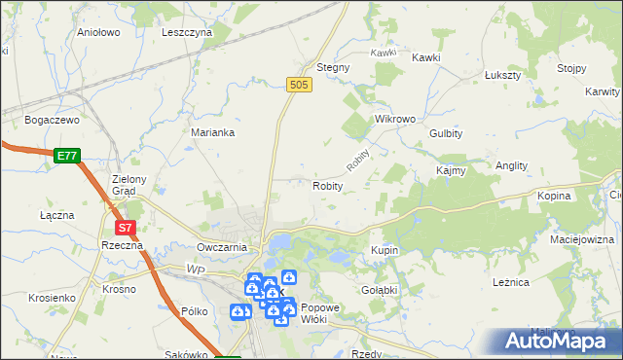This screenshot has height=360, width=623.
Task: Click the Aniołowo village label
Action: (x=97, y=32)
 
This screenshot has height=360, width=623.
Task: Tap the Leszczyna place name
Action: (x=187, y=32)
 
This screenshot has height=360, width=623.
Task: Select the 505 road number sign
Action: (x=299, y=86)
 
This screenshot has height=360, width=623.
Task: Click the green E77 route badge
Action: (x=67, y=155)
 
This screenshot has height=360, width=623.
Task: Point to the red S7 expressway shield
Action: (x=125, y=228)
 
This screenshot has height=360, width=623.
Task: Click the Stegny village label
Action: (x=333, y=68)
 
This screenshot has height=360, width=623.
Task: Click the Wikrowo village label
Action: (x=395, y=119)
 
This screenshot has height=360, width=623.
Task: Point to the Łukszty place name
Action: (x=503, y=75)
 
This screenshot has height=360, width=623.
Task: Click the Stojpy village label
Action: (x=570, y=68)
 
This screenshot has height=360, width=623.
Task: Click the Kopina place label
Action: (x=553, y=196)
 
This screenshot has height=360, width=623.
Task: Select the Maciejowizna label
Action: (x=582, y=238)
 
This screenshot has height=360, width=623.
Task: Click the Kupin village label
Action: (x=385, y=250)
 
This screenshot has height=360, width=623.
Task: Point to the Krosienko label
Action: (x=53, y=297)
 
